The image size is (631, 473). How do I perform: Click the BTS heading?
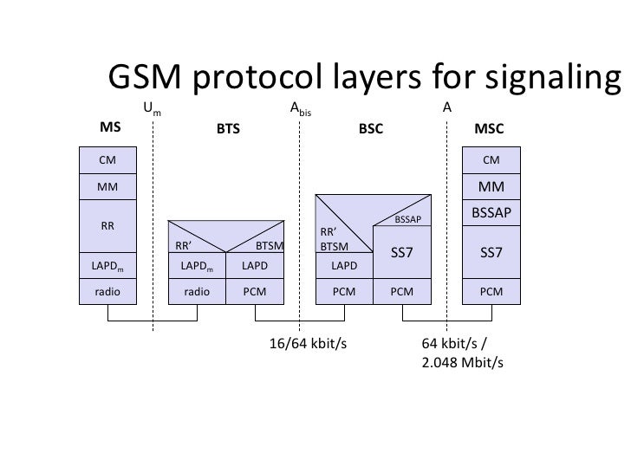(x=228, y=129)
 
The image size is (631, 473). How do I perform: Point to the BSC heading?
(x=371, y=129)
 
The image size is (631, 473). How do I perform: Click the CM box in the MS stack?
(x=107, y=159)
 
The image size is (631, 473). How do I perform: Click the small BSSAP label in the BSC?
(x=407, y=220)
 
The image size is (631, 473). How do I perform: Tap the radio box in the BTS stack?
(x=198, y=292)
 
